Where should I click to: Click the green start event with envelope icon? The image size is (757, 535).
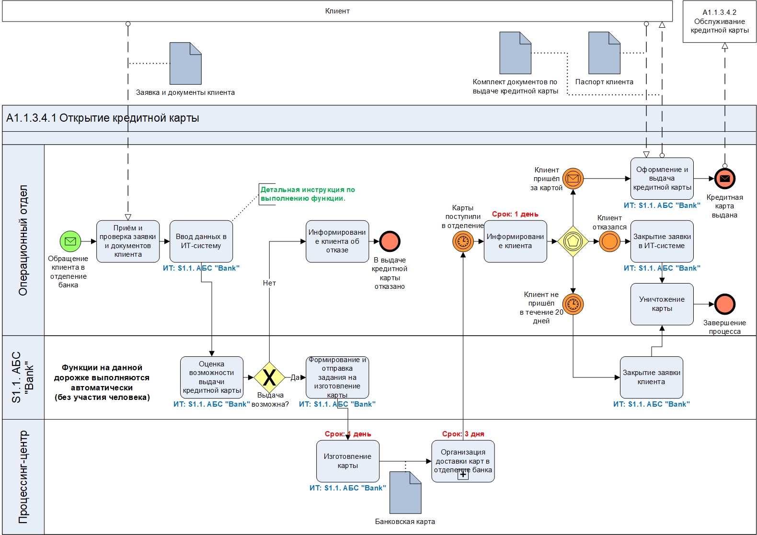70,241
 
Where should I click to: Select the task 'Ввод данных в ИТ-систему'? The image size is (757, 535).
201,241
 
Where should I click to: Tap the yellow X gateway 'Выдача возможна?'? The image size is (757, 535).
269,377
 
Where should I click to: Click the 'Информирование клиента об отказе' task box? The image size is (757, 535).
337,241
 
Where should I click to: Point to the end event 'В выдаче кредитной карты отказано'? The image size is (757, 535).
390,241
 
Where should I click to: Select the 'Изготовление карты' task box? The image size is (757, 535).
347,461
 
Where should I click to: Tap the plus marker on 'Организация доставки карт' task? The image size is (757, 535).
463,475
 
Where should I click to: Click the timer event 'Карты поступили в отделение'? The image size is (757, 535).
463,241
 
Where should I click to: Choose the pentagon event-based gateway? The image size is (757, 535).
573,241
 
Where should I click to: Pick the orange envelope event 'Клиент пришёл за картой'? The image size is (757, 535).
573,179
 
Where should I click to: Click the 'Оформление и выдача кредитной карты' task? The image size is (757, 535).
662,178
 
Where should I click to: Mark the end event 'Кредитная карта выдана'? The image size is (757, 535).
724,179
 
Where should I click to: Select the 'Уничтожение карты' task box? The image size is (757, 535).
662,304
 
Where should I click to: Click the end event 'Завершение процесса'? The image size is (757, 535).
724,304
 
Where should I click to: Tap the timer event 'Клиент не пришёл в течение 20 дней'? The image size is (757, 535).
573,304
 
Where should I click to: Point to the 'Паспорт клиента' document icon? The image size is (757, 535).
604,53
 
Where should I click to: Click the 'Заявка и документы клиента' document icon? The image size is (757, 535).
185,63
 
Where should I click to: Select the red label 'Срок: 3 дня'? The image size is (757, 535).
463,434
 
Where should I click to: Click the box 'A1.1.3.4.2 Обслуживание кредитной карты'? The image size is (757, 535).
719,22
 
